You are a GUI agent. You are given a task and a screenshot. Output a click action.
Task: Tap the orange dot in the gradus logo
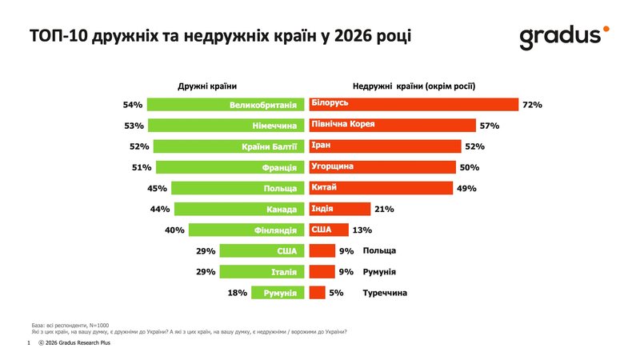[606, 29]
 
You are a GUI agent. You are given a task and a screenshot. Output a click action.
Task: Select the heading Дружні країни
[207, 86]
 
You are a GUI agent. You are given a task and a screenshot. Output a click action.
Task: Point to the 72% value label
[532, 105]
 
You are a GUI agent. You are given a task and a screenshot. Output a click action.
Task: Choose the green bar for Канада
[239, 210]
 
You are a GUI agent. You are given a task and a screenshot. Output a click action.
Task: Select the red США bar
[328, 230]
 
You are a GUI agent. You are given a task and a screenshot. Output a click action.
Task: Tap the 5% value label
[336, 293]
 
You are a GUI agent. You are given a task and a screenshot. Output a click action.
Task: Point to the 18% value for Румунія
[237, 293]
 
